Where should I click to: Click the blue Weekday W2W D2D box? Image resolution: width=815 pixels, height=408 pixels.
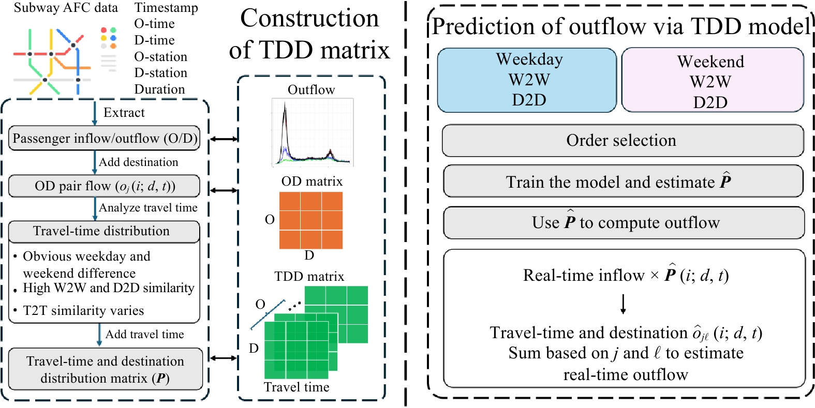tap(527, 80)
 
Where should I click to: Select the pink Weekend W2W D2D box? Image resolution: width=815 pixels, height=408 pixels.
tap(713, 80)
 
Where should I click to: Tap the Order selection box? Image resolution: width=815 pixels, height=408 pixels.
tap(623, 141)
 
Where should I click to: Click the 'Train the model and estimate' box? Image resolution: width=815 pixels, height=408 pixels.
tap(623, 182)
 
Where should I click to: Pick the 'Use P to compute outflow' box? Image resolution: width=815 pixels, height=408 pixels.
tap(624, 222)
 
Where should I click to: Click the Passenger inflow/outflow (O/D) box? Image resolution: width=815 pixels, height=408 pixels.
tap(105, 138)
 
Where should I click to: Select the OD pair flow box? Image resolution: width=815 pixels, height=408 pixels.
tap(105, 186)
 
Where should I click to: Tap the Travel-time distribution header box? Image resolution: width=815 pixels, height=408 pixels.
tap(104, 231)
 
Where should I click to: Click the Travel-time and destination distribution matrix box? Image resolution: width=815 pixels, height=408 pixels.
tap(106, 369)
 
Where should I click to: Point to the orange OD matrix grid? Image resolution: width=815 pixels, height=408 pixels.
tap(310, 220)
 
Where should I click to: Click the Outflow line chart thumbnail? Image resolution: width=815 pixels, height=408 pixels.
tap(313, 132)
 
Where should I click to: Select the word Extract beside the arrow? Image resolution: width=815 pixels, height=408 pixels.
tap(124, 113)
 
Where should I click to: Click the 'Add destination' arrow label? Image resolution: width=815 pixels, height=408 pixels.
tap(139, 162)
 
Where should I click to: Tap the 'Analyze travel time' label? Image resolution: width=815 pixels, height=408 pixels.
tap(148, 208)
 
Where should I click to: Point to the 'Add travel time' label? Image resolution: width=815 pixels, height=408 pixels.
tap(145, 334)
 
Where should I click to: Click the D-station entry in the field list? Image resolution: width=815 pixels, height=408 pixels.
tap(161, 73)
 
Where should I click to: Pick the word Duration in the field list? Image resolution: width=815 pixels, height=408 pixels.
tap(160, 89)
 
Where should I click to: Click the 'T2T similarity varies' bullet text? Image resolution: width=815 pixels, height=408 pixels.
tap(83, 311)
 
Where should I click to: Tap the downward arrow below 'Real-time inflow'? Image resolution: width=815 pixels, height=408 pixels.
tap(623, 304)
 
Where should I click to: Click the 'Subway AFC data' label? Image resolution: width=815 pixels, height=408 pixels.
tap(66, 8)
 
